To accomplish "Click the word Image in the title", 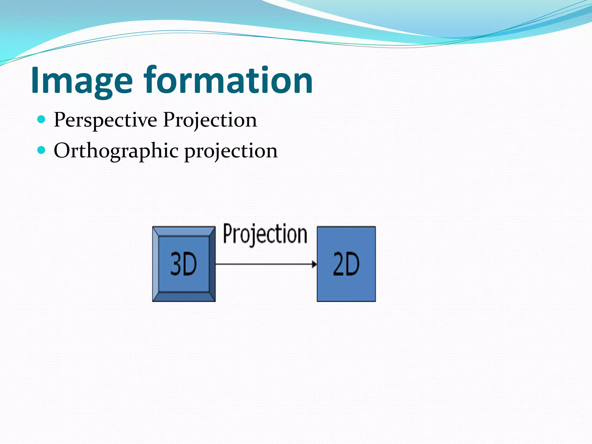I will click(x=82, y=81).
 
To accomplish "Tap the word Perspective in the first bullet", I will click(x=105, y=120).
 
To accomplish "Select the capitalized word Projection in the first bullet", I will click(x=210, y=120).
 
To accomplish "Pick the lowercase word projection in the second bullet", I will click(x=231, y=151).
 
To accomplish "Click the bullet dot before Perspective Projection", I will click(x=42, y=119).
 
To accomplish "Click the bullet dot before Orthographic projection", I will click(x=42, y=150).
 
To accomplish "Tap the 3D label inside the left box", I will click(x=183, y=264).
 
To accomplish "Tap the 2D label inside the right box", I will click(x=346, y=264).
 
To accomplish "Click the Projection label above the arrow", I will click(x=265, y=234).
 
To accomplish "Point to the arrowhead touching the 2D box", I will click(x=314, y=264).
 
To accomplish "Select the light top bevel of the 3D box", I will click(x=184, y=232).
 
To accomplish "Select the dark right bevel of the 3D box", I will click(x=212, y=264).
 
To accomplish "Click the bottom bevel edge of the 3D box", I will click(x=184, y=297).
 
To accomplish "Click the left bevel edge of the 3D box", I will click(x=156, y=264).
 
